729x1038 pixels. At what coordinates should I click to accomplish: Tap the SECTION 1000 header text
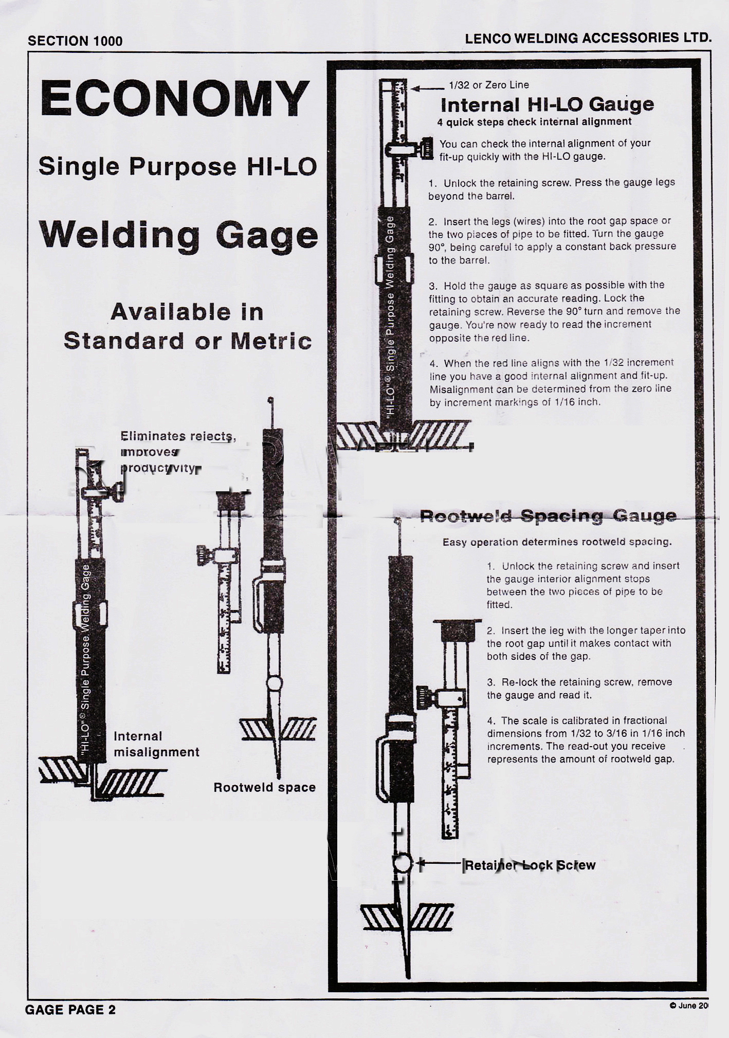tap(75, 41)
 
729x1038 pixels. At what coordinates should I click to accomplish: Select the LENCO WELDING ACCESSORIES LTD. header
tap(588, 38)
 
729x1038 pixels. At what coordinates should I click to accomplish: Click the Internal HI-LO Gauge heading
tap(547, 105)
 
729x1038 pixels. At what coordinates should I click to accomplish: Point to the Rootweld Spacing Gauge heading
tap(548, 516)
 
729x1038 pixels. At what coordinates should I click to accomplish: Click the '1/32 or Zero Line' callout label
tap(488, 85)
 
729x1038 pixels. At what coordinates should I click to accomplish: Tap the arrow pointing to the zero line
tap(428, 88)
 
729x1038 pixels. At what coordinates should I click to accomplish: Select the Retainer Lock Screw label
tap(530, 865)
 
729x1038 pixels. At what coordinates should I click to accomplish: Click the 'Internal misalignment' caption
tap(156, 744)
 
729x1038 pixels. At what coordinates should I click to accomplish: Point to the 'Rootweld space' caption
tap(264, 787)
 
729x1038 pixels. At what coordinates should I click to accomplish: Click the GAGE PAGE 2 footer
tap(70, 1010)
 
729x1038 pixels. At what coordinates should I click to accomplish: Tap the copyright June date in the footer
tap(689, 1006)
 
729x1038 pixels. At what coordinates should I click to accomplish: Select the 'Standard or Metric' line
tap(188, 341)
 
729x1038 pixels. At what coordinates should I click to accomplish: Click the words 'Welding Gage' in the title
tap(178, 235)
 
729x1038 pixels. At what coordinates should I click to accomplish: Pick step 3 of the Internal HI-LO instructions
tap(554, 311)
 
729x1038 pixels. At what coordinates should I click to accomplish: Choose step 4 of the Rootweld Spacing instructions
tap(586, 740)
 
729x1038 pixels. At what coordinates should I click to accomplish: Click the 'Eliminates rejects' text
tap(178, 436)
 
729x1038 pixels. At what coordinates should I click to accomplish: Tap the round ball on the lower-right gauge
tap(403, 863)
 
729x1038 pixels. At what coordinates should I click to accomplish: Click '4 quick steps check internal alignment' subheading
tap(534, 122)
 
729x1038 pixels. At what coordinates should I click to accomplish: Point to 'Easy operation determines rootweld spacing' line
tap(557, 542)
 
